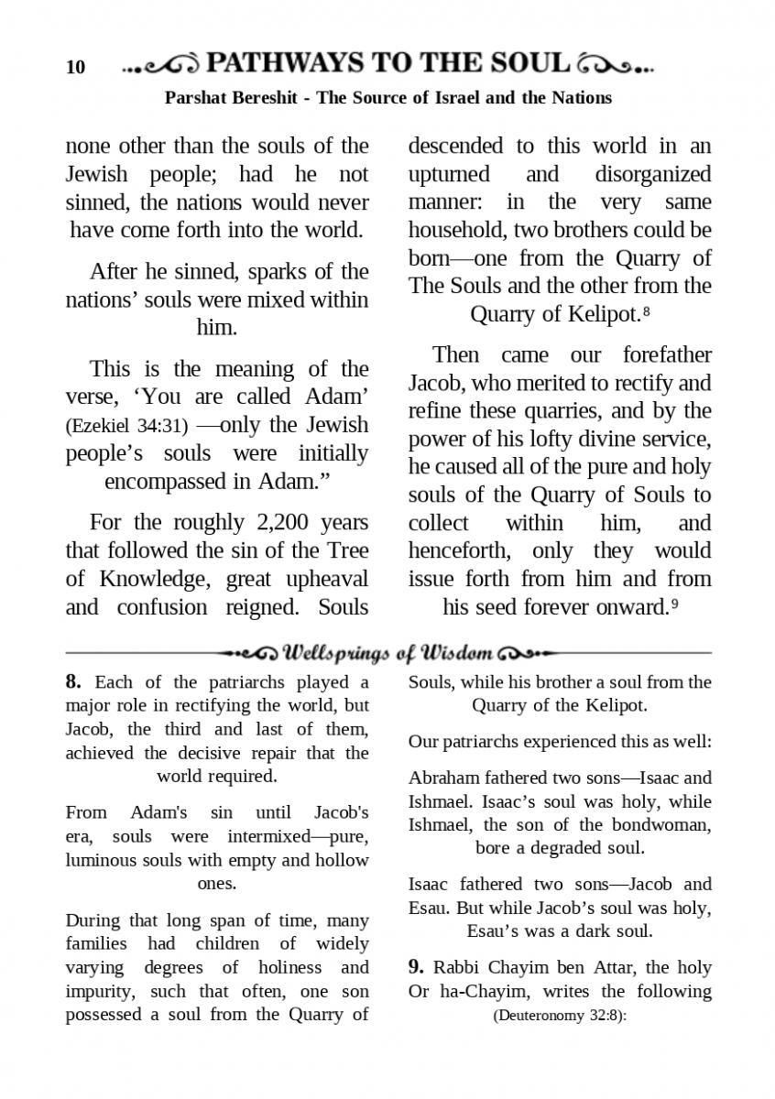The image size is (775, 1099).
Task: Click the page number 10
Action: (x=75, y=67)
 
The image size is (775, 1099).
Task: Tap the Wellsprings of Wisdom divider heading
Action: (x=388, y=653)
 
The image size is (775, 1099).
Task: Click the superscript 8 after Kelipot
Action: (x=647, y=311)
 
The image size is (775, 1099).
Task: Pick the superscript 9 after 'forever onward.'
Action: (x=674, y=604)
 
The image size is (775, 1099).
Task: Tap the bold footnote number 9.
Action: (x=416, y=968)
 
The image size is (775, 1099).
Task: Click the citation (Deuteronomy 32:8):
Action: (x=559, y=1016)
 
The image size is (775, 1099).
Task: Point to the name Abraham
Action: (x=442, y=778)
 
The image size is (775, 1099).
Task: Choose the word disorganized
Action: (x=652, y=174)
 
